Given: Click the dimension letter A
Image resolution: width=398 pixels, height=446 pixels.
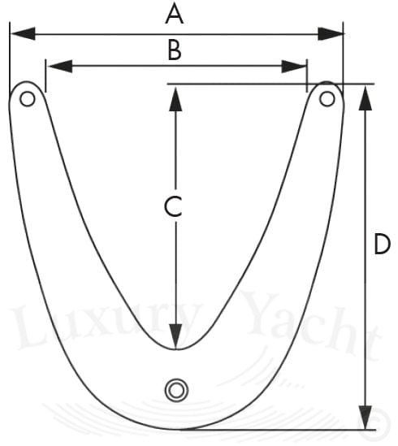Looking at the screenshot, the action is [x=175, y=15].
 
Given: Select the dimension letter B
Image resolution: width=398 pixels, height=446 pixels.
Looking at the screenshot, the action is [x=175, y=50].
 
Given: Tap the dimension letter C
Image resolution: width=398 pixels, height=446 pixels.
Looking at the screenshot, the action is [x=173, y=206].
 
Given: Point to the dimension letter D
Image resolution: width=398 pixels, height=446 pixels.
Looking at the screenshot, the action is [x=382, y=244].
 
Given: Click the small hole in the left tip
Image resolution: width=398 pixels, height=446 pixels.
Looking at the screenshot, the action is [x=28, y=99].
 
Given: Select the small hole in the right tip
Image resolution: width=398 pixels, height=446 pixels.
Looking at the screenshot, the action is [x=327, y=99].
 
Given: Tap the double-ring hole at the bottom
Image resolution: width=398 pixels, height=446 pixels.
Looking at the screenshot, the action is [x=176, y=390].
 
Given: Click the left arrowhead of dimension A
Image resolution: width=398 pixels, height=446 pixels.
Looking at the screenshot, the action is [x=23, y=33].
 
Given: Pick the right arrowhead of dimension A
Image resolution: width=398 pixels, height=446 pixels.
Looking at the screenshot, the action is [x=330, y=33].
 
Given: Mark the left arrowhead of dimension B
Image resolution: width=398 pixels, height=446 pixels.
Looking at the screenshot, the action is [x=59, y=66].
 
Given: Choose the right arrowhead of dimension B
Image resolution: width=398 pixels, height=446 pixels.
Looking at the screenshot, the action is [x=294, y=66].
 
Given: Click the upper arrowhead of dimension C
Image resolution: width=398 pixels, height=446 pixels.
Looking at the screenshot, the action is [x=175, y=99].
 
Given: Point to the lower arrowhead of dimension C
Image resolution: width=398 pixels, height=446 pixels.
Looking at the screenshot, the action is [x=175, y=336].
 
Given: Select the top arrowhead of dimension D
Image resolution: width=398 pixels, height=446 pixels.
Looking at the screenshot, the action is [x=366, y=97].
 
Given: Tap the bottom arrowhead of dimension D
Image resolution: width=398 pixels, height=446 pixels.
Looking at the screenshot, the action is [x=366, y=417].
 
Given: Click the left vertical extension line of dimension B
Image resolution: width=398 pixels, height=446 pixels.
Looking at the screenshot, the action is [x=45, y=76].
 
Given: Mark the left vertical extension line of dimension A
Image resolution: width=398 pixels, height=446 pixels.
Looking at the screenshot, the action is [x=10, y=60].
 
